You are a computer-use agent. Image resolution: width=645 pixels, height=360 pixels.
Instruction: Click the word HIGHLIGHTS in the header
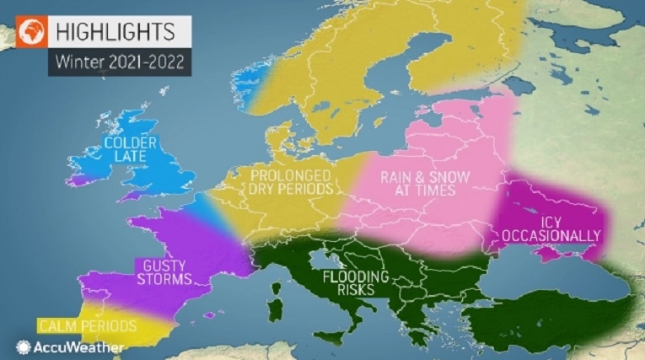pyautogui.click(x=115, y=31)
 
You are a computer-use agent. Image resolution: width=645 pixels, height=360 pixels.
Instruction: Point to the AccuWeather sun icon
pyautogui.click(x=24, y=347)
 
